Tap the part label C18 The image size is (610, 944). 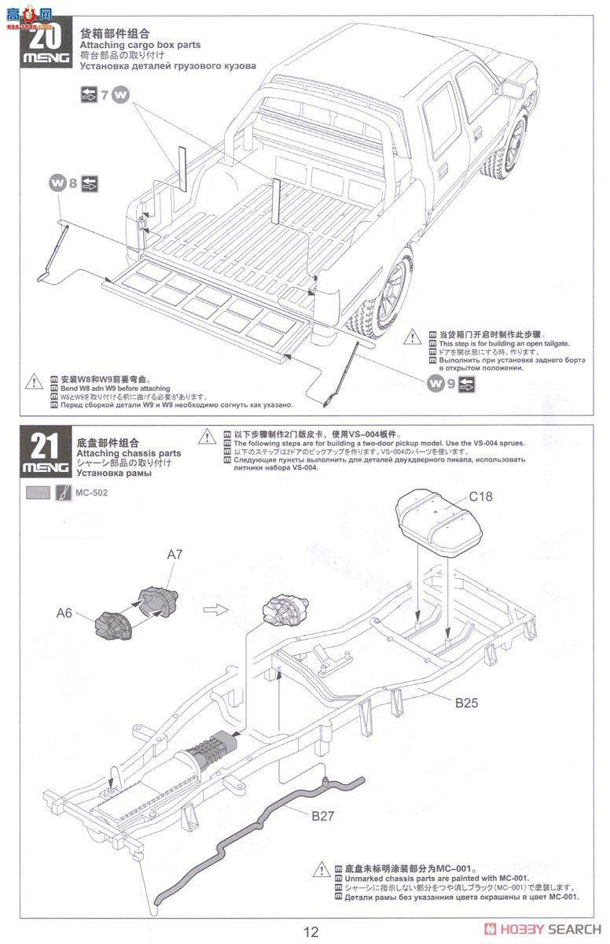pos(480,497)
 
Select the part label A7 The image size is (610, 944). pos(175,555)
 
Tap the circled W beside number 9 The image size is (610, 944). pos(435,385)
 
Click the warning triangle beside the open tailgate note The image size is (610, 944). pos(413,337)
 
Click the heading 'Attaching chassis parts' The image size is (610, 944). pos(130,453)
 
